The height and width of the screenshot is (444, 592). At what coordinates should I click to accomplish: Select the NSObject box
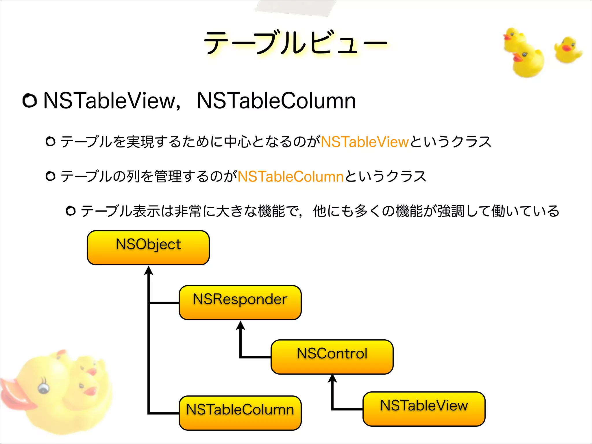148,247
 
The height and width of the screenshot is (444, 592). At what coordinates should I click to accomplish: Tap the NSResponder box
240,302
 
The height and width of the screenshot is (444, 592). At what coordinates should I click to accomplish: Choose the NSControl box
332,357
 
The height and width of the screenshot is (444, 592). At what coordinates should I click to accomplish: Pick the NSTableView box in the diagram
424,409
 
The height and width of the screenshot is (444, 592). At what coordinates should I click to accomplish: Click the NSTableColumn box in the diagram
240,413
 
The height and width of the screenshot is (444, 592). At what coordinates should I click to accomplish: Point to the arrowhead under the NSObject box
149,271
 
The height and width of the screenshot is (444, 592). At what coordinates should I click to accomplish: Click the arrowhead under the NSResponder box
240,325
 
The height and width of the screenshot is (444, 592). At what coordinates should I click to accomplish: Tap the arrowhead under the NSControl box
332,379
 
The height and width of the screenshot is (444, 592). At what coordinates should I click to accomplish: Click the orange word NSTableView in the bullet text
365,142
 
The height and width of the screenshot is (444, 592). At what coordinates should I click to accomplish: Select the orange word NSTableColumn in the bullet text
291,177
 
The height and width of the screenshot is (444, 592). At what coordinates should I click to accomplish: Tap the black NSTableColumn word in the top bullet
276,101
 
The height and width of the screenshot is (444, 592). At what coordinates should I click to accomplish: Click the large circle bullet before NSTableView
30,101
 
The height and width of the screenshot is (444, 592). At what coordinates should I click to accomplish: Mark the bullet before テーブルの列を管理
51,176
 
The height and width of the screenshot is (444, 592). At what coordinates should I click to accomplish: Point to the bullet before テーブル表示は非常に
71,211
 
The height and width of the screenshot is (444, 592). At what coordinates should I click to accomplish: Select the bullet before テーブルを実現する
51,142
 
